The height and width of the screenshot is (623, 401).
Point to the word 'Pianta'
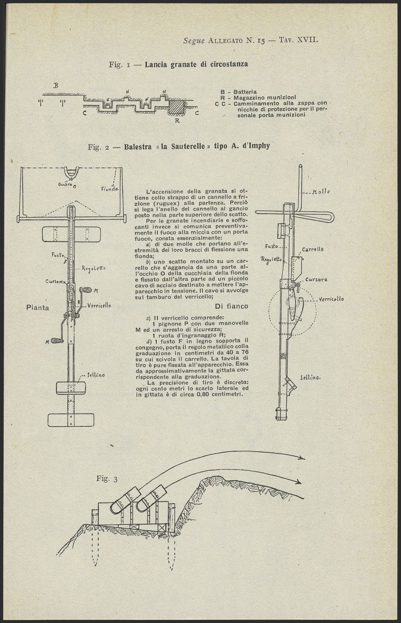coord(37,307)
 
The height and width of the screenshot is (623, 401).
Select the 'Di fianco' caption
coord(231,306)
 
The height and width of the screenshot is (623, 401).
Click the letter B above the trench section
coord(56,85)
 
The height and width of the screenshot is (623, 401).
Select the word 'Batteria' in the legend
coord(245,92)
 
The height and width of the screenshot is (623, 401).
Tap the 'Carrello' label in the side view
coord(312,249)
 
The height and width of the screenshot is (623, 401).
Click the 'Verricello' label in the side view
coord(331,299)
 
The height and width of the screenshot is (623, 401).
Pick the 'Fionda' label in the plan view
coord(110,189)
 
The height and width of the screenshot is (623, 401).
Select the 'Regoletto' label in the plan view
coord(94,268)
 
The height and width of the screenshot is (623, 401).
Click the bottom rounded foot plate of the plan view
coord(71,420)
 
